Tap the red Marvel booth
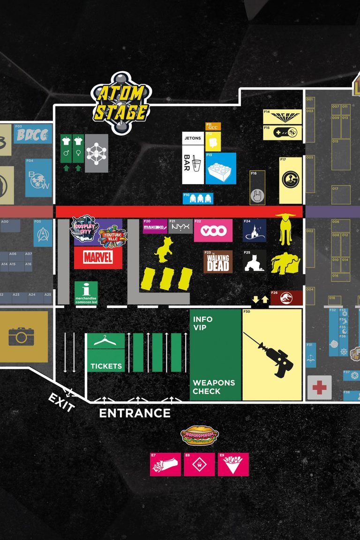[98, 257]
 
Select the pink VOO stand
[213, 231]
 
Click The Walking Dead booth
[218, 262]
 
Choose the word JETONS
[193, 138]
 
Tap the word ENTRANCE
[135, 413]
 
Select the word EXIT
[61, 403]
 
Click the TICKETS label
[106, 366]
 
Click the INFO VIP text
[203, 323]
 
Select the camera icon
[21, 336]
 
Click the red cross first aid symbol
[320, 388]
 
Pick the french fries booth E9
[233, 465]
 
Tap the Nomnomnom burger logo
[200, 435]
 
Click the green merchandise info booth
[86, 293]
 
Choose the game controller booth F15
[282, 133]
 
